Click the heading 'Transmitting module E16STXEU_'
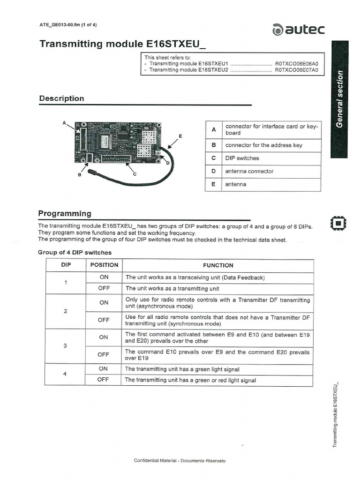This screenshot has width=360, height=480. (123, 44)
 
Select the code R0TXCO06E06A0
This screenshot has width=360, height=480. (296, 63)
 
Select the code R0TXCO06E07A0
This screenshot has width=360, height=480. (296, 70)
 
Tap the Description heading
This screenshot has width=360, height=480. (61, 98)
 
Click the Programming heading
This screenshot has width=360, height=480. (65, 213)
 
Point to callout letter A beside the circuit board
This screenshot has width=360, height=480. (64, 123)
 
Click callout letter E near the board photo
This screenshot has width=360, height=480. (180, 136)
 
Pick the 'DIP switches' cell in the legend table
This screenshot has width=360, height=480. (242, 158)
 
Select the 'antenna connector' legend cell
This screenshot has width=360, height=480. (249, 172)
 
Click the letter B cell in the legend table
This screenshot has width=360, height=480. (213, 145)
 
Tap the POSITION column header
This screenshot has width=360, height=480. (104, 265)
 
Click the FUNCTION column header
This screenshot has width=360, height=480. (218, 265)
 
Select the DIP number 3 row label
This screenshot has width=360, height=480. (66, 346)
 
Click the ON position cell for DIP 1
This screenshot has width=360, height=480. (104, 277)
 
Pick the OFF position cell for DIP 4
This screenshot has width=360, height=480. (103, 380)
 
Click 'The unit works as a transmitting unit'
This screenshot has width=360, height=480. (172, 289)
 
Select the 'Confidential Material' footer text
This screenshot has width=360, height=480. (180, 461)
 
